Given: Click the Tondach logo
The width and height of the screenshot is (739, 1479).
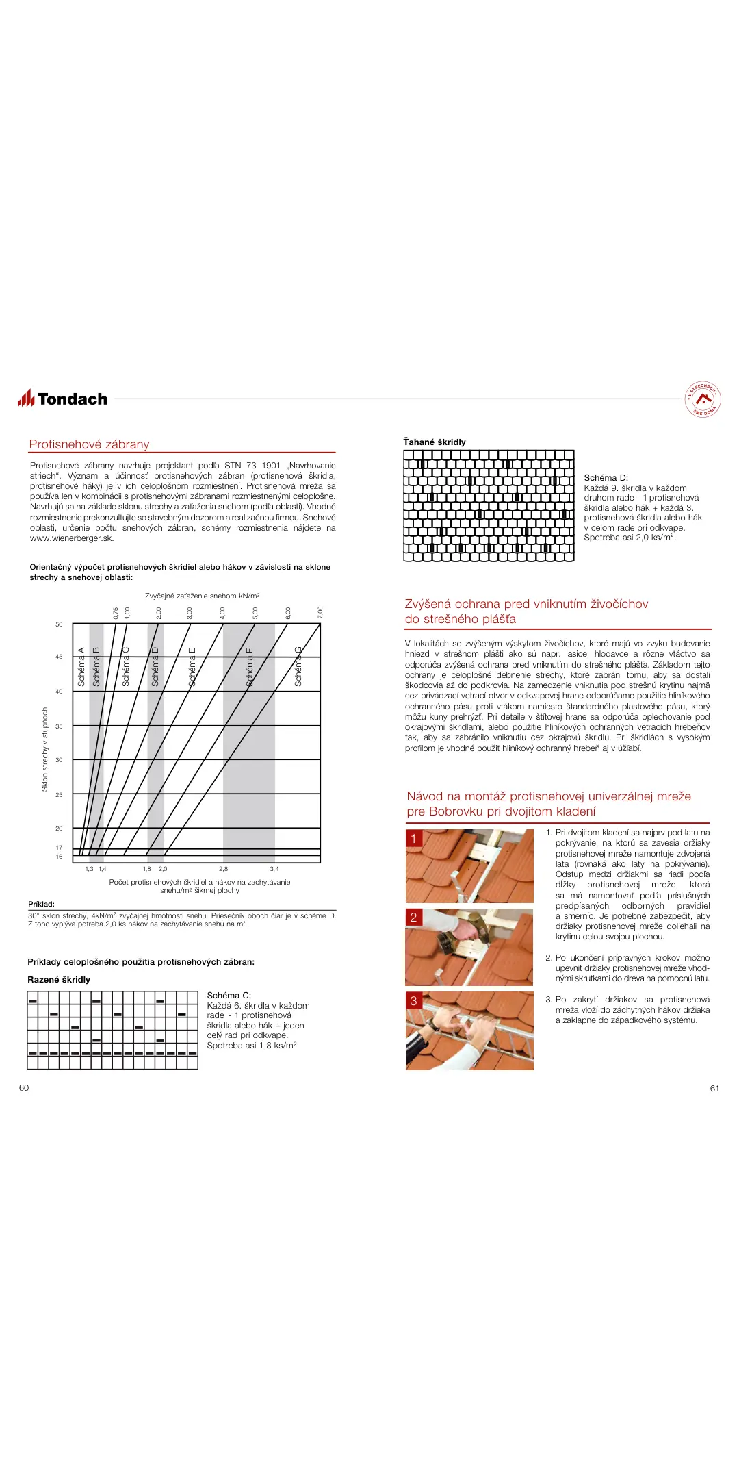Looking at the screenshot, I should [x=63, y=399].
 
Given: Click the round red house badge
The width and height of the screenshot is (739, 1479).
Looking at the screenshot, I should [x=703, y=399].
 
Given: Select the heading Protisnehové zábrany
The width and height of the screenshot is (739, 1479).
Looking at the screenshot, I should [x=89, y=444].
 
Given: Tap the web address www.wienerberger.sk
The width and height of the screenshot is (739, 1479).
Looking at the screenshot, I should [x=72, y=538].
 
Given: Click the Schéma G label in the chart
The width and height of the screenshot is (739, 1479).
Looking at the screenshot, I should [x=298, y=666].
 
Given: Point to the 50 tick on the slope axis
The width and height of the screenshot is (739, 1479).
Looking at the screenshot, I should [x=59, y=624].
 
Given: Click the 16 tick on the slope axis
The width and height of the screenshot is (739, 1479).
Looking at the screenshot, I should [x=59, y=857].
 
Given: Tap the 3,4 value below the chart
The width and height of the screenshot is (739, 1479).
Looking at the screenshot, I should [x=274, y=869].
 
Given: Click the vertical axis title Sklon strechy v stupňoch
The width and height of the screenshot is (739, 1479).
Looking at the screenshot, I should [x=45, y=749].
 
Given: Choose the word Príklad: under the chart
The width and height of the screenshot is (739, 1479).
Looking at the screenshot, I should [x=41, y=904].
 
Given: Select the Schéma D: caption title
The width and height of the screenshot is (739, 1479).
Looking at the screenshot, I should [x=606, y=478].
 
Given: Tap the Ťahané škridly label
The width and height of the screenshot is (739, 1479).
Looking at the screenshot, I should [x=435, y=442].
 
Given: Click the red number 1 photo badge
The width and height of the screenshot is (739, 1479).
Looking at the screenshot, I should [x=413, y=839].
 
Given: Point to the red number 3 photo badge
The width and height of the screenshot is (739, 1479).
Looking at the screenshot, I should [x=413, y=1001].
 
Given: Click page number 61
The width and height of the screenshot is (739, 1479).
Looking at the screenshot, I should [x=714, y=1089].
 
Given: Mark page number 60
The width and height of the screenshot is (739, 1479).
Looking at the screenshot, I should [x=24, y=1088].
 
